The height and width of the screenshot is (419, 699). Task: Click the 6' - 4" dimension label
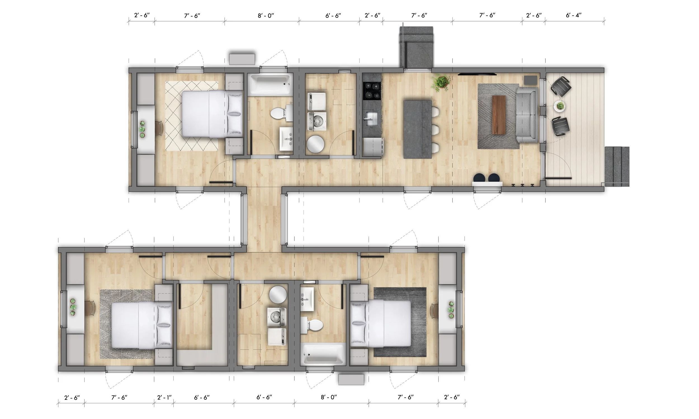point(573,15)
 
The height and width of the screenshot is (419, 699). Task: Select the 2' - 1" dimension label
point(164,397)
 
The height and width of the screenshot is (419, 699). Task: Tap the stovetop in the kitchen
point(372,91)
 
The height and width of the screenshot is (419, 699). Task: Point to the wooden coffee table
point(499,115)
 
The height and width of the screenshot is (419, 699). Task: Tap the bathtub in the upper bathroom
point(270,84)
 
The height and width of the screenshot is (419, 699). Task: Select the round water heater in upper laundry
point(316,144)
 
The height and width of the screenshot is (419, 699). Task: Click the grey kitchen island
point(417,129)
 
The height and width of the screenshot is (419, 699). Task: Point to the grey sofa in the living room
point(526,114)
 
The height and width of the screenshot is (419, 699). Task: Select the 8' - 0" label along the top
point(266,16)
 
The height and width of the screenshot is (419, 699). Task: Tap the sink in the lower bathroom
point(307,299)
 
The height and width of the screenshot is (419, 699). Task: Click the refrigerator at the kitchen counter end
point(372,147)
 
